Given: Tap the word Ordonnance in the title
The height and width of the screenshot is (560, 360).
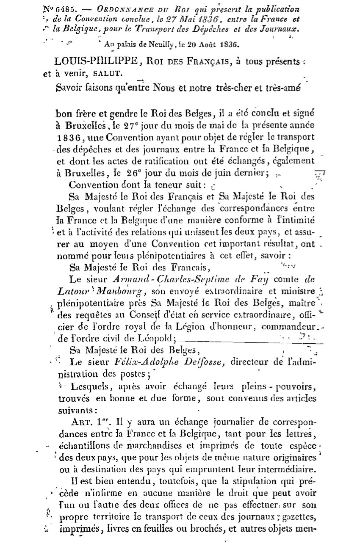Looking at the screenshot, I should click(x=107, y=9).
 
